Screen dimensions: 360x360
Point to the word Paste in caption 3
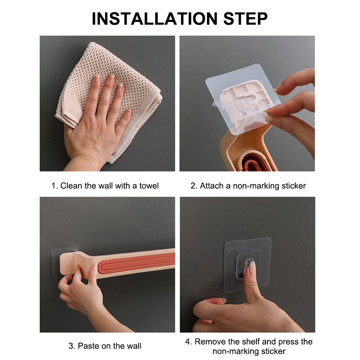[x=88, y=346]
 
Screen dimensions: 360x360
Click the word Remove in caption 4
[x=208, y=341]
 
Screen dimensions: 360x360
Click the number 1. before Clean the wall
[x=55, y=186]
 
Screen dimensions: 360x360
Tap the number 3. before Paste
[x=72, y=346]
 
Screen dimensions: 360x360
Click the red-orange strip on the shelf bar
[x=137, y=263]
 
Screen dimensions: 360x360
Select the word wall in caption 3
[x=134, y=346]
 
